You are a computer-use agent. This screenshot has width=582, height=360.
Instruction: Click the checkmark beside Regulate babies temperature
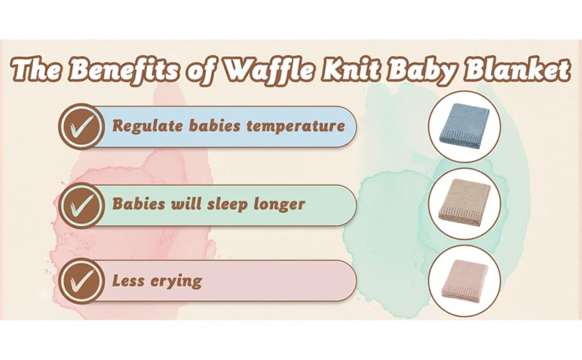(81, 127)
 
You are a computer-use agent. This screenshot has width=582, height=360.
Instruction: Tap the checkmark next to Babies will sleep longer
(81, 205)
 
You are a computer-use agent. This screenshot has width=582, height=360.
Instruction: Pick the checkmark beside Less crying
(81, 281)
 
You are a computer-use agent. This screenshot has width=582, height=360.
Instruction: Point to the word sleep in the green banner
(227, 204)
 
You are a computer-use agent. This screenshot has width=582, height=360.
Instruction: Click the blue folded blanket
(464, 126)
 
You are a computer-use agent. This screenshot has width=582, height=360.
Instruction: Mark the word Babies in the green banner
(139, 204)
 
